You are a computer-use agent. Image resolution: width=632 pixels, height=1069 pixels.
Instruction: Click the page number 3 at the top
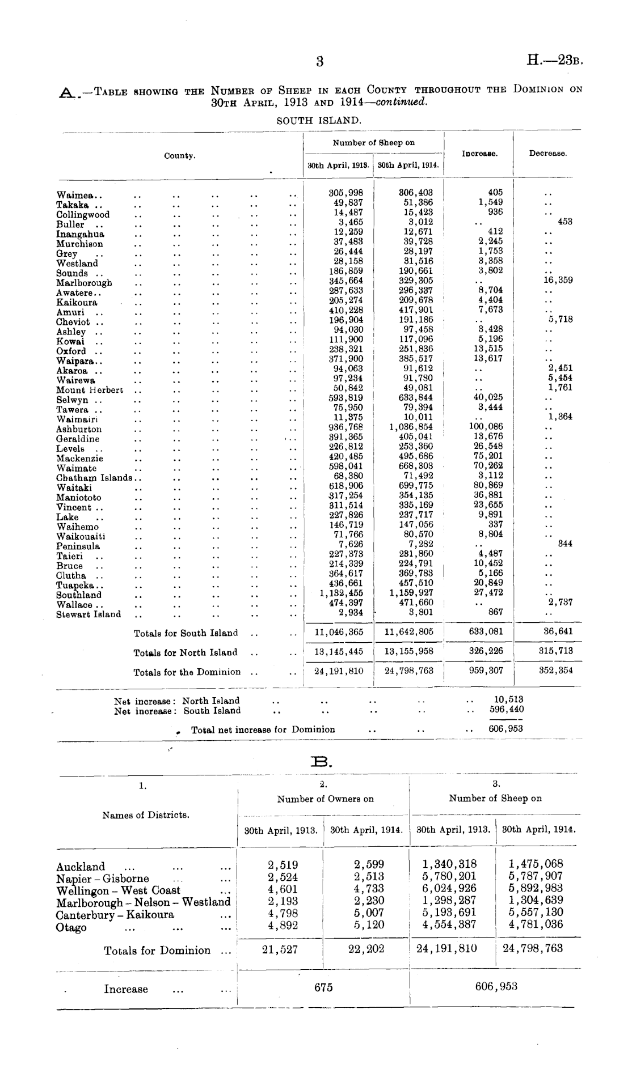(320, 61)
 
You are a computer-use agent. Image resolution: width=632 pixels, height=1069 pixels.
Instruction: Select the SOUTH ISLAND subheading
(319, 120)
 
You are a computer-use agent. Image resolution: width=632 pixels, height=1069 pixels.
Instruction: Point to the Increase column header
(479, 154)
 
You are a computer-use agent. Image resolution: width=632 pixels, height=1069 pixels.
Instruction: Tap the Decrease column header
(547, 154)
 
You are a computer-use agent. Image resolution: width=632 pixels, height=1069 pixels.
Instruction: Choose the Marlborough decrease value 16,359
(558, 280)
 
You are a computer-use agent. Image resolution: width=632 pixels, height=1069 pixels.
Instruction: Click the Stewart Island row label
(89, 614)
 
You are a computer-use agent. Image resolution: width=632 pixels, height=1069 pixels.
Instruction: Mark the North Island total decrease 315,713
(556, 651)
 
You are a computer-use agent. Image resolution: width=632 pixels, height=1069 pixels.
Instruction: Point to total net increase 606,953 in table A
(505, 729)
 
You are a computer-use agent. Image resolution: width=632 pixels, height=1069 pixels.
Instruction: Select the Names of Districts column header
(146, 815)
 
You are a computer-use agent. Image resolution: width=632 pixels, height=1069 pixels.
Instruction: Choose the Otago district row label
(71, 927)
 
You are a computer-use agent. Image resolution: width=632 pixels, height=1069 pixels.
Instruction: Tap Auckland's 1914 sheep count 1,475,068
(536, 864)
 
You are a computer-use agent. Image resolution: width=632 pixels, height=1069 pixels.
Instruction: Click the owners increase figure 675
(323, 987)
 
